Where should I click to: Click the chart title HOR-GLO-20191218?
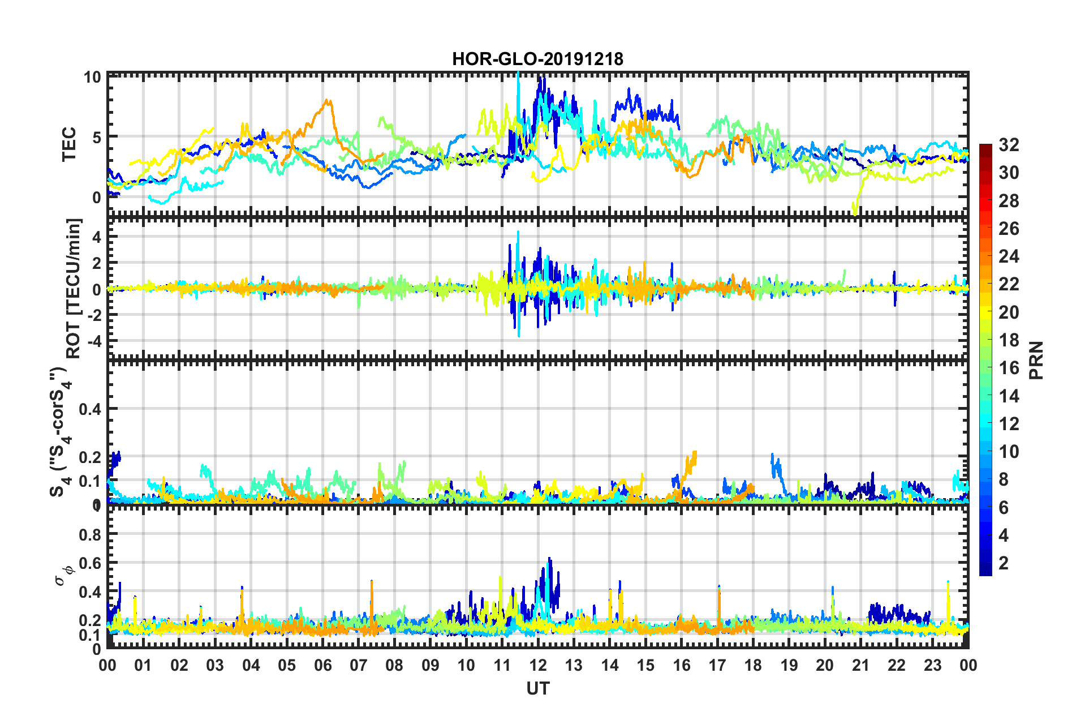pyautogui.click(x=537, y=59)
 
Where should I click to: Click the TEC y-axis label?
pyautogui.click(x=69, y=144)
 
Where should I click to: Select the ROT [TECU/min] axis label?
pyautogui.click(x=74, y=288)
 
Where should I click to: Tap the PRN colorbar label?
pyautogui.click(x=1036, y=360)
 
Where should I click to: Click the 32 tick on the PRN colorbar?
pyautogui.click(x=1009, y=145)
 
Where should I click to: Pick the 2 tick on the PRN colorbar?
pyautogui.click(x=1004, y=563)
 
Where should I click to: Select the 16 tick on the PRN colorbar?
pyautogui.click(x=1009, y=368)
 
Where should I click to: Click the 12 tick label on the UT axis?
pyautogui.click(x=538, y=665)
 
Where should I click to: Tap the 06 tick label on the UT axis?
pyautogui.click(x=322, y=665)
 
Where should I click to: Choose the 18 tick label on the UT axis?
pyautogui.click(x=753, y=665)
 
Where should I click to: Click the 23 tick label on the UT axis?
pyautogui.click(x=932, y=665)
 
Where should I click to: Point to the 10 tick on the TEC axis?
pyautogui.click(x=92, y=77)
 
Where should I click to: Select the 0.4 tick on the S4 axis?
pyautogui.click(x=90, y=409)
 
